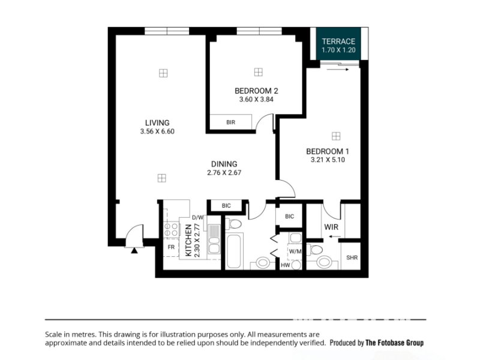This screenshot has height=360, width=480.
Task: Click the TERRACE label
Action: pyautogui.click(x=338, y=41)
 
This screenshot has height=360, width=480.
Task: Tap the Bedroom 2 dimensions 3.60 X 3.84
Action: pyautogui.click(x=256, y=99)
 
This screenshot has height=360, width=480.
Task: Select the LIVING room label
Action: pyautogui.click(x=157, y=123)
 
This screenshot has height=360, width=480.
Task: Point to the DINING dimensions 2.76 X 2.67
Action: pyautogui.click(x=224, y=173)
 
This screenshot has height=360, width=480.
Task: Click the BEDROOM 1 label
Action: pyautogui.click(x=328, y=151)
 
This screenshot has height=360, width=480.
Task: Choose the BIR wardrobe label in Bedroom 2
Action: pyautogui.click(x=231, y=122)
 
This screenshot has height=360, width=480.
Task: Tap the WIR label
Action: pyautogui.click(x=331, y=227)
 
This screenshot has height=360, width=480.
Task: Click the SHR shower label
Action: pyautogui.click(x=352, y=258)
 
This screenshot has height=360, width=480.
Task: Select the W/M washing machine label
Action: pyautogui.click(x=295, y=251)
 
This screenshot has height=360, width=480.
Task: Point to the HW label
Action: pyautogui.click(x=286, y=265)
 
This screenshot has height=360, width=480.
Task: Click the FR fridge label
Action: pyautogui.click(x=171, y=247)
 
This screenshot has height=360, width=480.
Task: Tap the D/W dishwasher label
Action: pyautogui.click(x=198, y=218)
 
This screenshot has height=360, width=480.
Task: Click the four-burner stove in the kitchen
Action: pyautogui.click(x=172, y=230)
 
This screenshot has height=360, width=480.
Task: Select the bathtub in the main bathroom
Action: pyautogui.click(x=235, y=251)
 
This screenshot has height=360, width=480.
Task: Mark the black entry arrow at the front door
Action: pyautogui.click(x=134, y=251)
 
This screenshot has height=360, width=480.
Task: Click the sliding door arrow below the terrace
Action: pyautogui.click(x=338, y=70)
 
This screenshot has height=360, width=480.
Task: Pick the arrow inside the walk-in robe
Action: pyautogui.click(x=335, y=236)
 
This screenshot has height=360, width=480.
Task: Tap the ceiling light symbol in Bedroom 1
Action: pyautogui.click(x=336, y=136)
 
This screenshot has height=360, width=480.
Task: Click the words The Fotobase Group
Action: pyautogui.click(x=395, y=343)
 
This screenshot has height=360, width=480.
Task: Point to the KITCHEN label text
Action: pyautogui.click(x=188, y=241)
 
